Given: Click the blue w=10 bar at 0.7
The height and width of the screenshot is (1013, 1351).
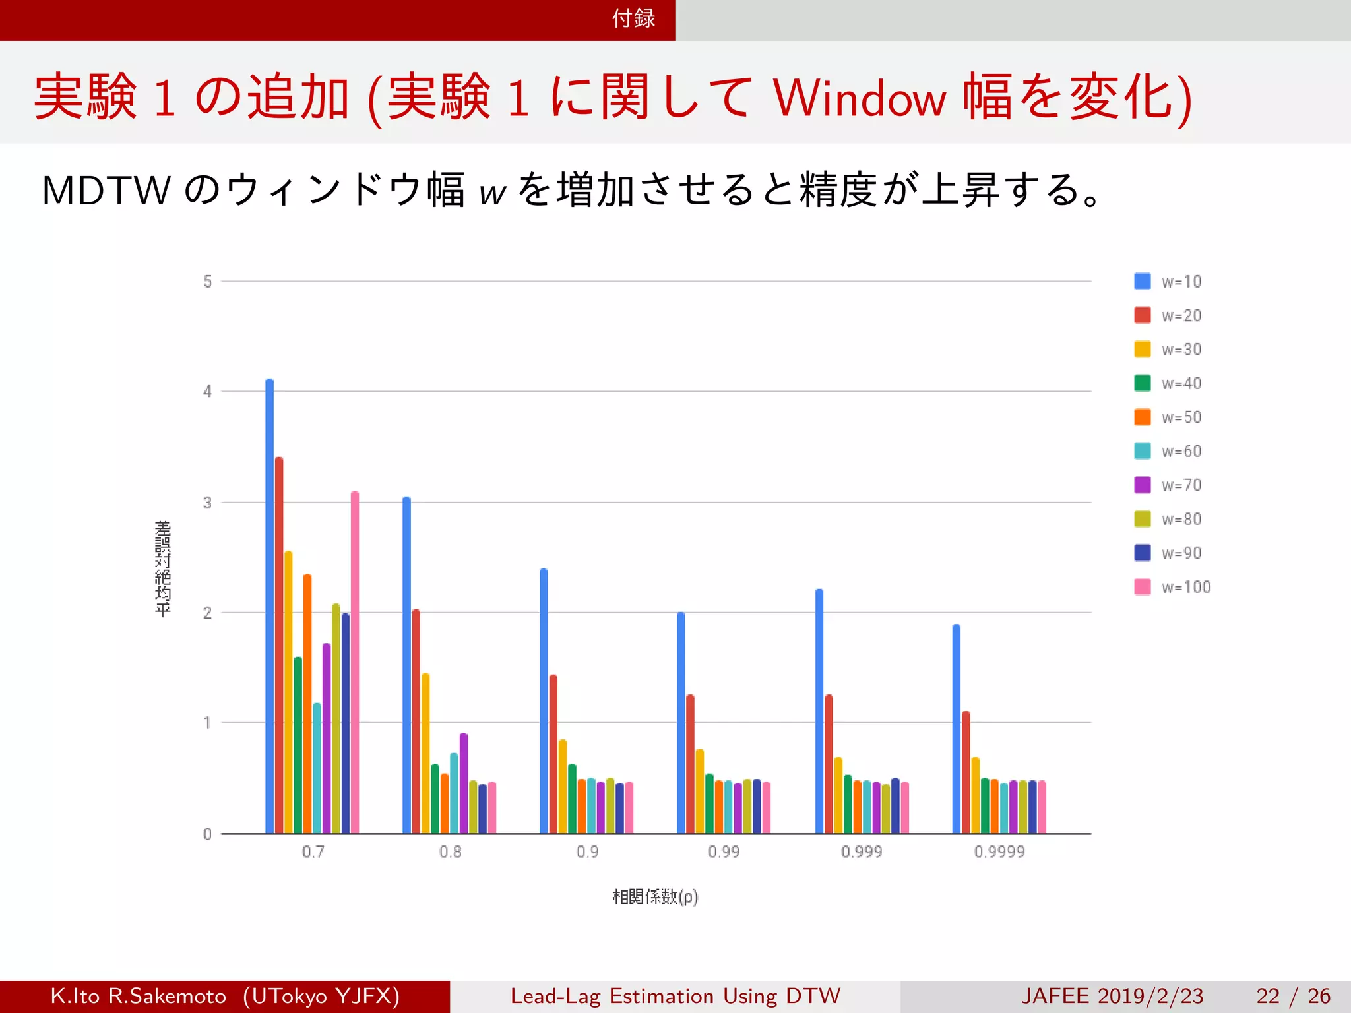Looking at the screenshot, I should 269,607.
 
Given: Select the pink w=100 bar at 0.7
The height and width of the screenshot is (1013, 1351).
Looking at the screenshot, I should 355,663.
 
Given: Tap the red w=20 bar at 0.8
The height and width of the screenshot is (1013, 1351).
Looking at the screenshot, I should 416,722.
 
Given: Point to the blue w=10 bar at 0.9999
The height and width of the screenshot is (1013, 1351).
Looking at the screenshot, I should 957,729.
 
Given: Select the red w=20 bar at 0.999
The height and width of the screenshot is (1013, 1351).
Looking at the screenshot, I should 829,764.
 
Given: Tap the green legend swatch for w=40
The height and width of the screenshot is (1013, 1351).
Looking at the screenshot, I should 1143,383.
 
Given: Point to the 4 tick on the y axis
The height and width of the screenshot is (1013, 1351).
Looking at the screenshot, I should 208,392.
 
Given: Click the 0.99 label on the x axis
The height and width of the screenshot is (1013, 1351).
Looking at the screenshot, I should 724,852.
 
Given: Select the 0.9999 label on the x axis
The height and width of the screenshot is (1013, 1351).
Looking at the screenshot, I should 999,852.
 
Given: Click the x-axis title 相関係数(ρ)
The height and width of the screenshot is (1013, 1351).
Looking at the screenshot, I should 655,897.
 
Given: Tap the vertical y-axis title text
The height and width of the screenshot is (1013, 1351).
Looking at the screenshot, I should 163,568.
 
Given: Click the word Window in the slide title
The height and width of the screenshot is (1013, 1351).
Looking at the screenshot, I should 860,99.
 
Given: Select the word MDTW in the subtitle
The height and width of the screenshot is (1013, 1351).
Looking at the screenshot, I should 106,191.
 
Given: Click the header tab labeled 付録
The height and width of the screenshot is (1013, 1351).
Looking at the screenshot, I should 633,18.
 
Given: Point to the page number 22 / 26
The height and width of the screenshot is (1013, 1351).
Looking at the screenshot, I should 1293,996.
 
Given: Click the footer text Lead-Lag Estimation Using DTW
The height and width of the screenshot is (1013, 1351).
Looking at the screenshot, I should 675,996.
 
